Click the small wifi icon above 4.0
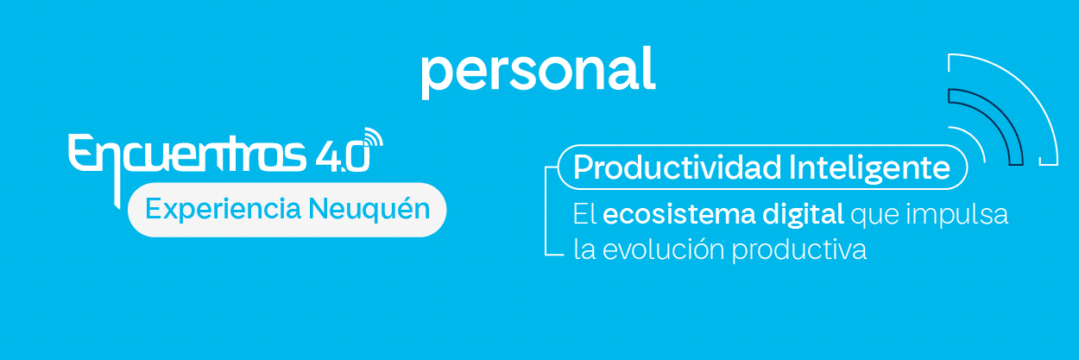click(x=372, y=138)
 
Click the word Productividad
click(x=665, y=167)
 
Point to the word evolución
click(x=659, y=250)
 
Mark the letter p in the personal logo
click(x=435, y=76)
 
